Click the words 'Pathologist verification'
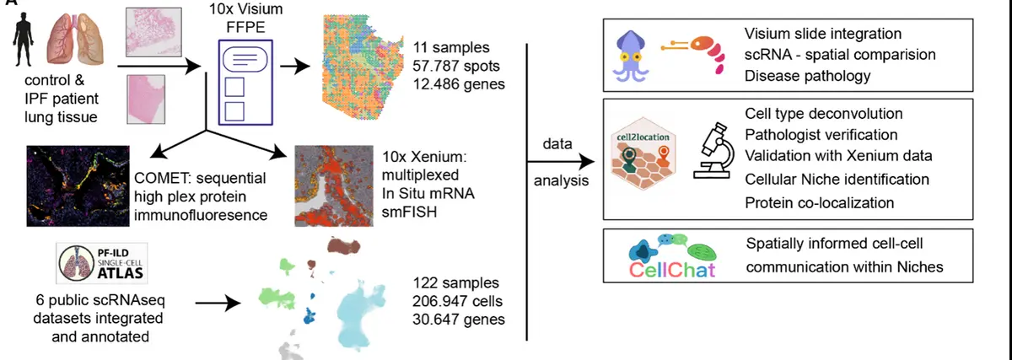pyautogui.click(x=821, y=135)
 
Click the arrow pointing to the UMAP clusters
pyautogui.click(x=221, y=300)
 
